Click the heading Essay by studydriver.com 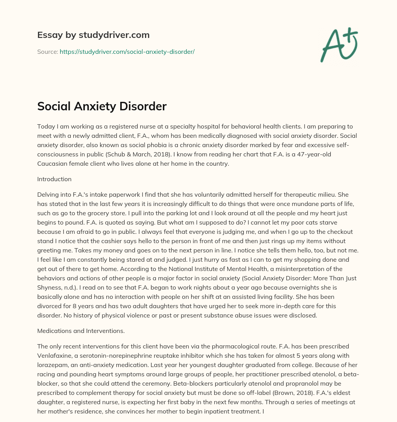[x=93, y=35]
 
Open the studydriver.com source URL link [x=127, y=51]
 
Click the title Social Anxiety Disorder [x=102, y=106]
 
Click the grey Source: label [x=47, y=51]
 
